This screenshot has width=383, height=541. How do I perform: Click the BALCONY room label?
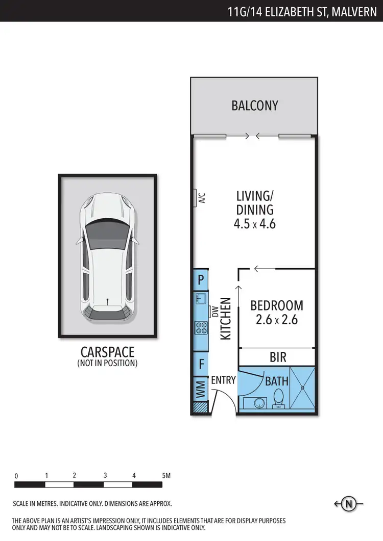point(254,106)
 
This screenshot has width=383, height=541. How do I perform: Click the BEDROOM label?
point(276,305)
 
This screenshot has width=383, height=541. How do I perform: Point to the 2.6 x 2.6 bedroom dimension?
point(276,320)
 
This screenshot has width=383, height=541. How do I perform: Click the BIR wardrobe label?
point(278,357)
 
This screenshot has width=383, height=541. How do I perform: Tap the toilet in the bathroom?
point(279,398)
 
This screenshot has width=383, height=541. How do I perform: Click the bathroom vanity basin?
point(259,403)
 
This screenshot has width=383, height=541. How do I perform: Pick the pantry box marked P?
point(201,279)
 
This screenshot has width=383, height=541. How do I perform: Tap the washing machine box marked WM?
point(200,391)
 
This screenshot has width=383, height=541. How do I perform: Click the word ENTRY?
point(223,380)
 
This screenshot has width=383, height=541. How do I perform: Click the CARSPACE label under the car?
point(107,352)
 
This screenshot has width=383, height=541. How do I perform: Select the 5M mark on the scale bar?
point(165,475)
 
